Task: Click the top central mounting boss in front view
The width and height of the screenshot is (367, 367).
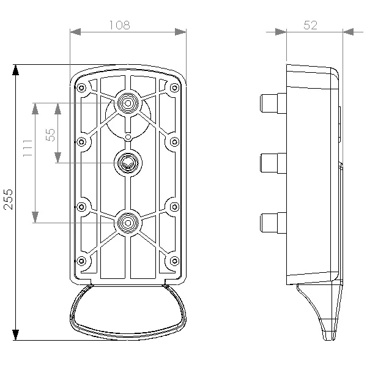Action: click(128, 103)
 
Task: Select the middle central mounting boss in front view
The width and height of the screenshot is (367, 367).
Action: click(128, 163)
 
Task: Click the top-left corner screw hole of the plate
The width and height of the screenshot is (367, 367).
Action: click(81, 87)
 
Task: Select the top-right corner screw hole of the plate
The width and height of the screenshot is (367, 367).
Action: click(176, 87)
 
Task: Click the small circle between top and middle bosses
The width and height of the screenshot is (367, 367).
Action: click(128, 136)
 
